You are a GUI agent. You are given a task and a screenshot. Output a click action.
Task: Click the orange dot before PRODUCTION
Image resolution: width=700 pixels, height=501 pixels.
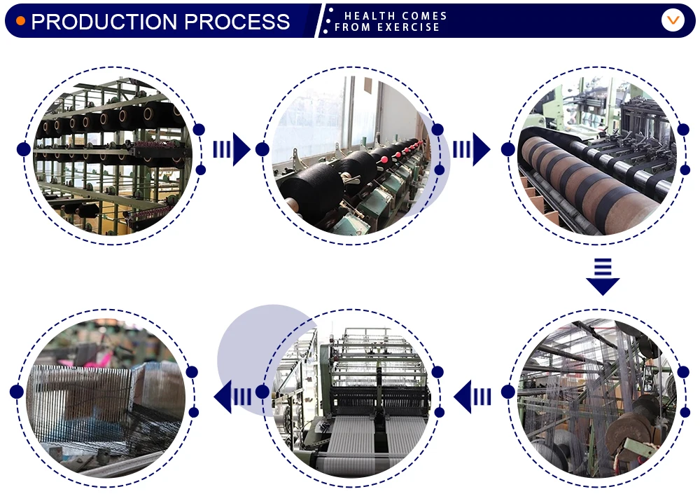click(20, 21)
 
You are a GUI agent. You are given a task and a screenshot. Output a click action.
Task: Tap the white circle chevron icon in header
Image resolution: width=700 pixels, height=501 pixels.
click(672, 20)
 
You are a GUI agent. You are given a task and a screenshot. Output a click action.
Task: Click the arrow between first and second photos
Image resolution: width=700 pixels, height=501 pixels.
click(232, 149)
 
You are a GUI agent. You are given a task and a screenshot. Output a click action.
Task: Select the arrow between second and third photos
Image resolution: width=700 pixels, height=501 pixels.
click(471, 149)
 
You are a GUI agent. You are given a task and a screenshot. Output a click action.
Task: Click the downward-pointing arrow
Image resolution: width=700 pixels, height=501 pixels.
click(603, 276)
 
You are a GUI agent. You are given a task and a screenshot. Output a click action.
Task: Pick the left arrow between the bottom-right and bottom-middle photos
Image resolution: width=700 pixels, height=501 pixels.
click(472, 398)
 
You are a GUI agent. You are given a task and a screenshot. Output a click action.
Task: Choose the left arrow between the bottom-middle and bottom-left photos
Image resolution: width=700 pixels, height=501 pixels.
click(232, 397)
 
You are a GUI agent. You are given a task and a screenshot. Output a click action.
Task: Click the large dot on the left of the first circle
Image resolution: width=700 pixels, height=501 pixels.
click(23, 149)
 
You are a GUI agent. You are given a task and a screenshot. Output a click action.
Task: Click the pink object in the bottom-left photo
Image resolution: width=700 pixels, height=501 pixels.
click(98, 359)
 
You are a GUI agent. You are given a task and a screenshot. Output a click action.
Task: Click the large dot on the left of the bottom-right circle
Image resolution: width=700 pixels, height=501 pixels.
click(508, 392)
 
